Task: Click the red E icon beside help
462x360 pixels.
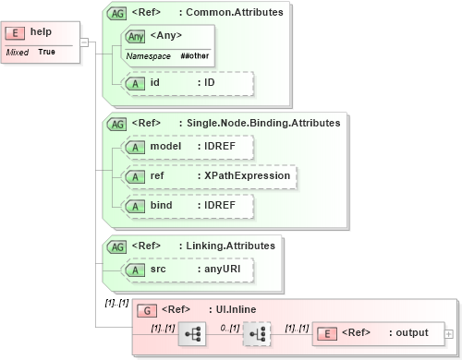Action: [16, 32]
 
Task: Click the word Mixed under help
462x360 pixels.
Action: [17, 53]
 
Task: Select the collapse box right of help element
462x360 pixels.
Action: [83, 42]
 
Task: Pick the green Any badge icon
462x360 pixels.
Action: [136, 36]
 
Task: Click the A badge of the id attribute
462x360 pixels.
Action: [136, 82]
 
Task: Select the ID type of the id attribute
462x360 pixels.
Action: [210, 82]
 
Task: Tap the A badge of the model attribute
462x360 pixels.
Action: [136, 147]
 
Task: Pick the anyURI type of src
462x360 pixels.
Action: [223, 269]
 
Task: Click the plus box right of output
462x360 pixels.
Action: [449, 333]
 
